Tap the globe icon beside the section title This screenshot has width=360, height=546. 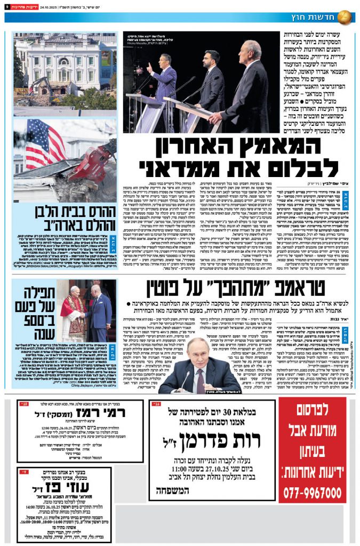click(x=345, y=17)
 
